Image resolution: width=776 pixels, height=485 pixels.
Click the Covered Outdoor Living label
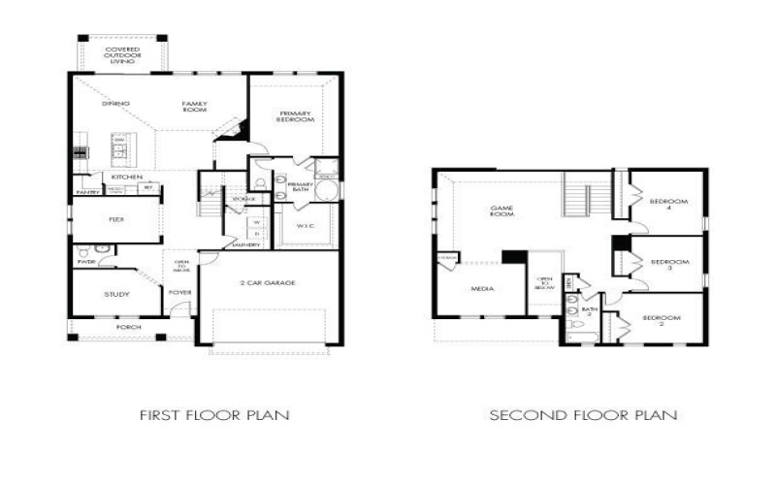[x=122, y=54]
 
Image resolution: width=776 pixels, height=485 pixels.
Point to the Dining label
[x=116, y=103]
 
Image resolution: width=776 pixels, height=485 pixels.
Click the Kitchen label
[x=127, y=178]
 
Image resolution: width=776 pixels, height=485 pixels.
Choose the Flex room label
[x=115, y=219]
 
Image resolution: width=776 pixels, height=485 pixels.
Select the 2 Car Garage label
[x=269, y=282]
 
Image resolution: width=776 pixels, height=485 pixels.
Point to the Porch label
[x=128, y=328]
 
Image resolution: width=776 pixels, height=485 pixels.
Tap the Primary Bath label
[x=300, y=186]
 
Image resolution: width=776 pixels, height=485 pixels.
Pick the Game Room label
[x=501, y=210]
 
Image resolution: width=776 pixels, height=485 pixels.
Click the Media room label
[x=482, y=289]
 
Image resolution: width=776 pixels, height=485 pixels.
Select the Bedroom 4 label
[x=668, y=205]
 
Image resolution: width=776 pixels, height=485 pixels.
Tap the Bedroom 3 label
[x=668, y=263]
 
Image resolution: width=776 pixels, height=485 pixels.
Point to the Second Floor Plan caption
[x=583, y=415]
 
